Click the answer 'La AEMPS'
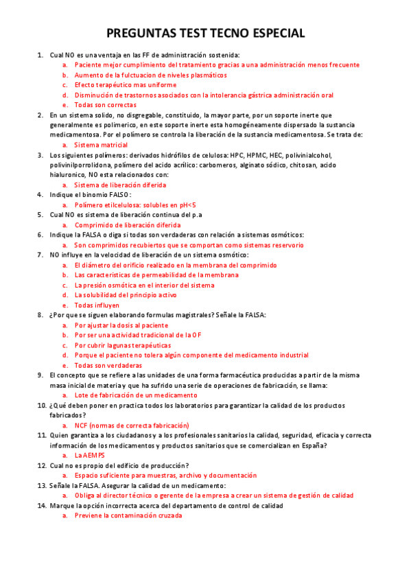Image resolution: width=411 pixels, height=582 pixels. (x=90, y=455)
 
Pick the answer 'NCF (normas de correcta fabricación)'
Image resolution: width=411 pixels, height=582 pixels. (x=131, y=425)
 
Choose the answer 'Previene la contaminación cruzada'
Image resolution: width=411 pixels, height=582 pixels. (x=128, y=515)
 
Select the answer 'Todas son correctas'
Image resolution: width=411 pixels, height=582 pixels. (x=105, y=105)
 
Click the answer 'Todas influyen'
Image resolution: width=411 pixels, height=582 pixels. (x=97, y=305)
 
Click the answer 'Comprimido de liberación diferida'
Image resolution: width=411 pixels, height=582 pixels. (x=128, y=224)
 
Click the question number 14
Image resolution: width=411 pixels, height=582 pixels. (x=40, y=505)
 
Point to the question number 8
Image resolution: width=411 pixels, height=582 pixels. (x=40, y=315)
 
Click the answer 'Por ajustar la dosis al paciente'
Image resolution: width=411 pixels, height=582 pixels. (x=121, y=325)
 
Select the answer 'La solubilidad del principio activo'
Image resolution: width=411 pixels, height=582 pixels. (x=126, y=295)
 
